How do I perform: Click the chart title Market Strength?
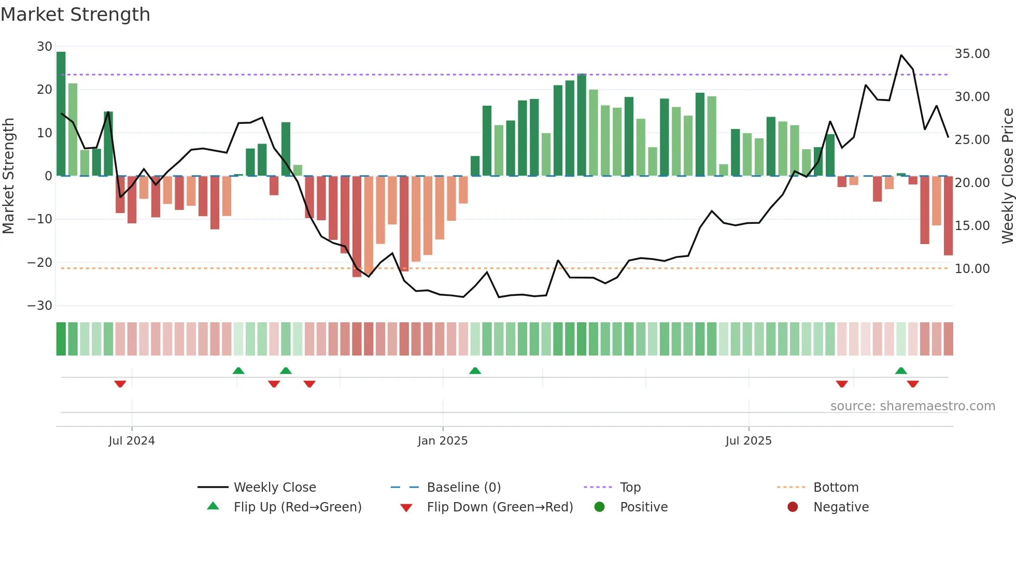(x=75, y=15)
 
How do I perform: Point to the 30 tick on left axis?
(x=45, y=47)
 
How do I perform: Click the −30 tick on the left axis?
(x=40, y=306)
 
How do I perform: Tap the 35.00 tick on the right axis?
(x=972, y=54)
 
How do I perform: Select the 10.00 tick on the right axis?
(x=972, y=269)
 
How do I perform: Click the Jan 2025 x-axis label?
(x=443, y=441)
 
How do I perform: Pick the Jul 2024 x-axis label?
(x=132, y=441)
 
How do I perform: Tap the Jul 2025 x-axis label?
(x=749, y=441)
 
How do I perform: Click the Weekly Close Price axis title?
(x=1007, y=176)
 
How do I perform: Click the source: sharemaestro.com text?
(x=912, y=406)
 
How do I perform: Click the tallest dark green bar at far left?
(x=61, y=114)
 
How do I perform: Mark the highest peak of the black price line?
(x=901, y=55)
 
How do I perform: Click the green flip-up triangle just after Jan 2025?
(x=475, y=370)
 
